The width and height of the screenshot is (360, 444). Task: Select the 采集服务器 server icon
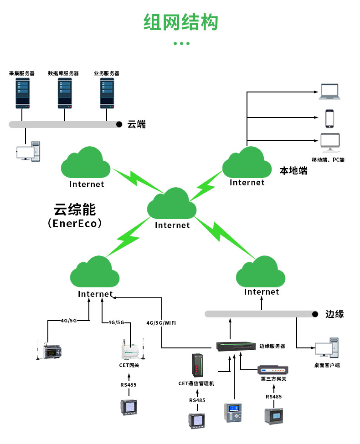[22, 93]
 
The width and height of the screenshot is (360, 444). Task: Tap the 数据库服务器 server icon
[65, 93]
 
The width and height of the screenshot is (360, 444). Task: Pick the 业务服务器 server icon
[107, 93]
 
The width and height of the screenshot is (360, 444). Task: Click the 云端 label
[137, 124]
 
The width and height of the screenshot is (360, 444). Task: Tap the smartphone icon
[329, 118]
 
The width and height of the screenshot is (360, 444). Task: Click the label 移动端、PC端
[328, 160]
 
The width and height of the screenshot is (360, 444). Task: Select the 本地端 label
[293, 171]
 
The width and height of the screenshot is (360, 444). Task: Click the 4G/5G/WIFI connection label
[161, 322]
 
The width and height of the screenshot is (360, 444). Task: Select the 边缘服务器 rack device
[236, 347]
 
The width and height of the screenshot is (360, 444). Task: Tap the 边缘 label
[334, 314]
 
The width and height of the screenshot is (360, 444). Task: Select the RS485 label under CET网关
[129, 385]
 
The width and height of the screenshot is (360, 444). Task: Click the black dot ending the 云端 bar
[119, 124]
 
